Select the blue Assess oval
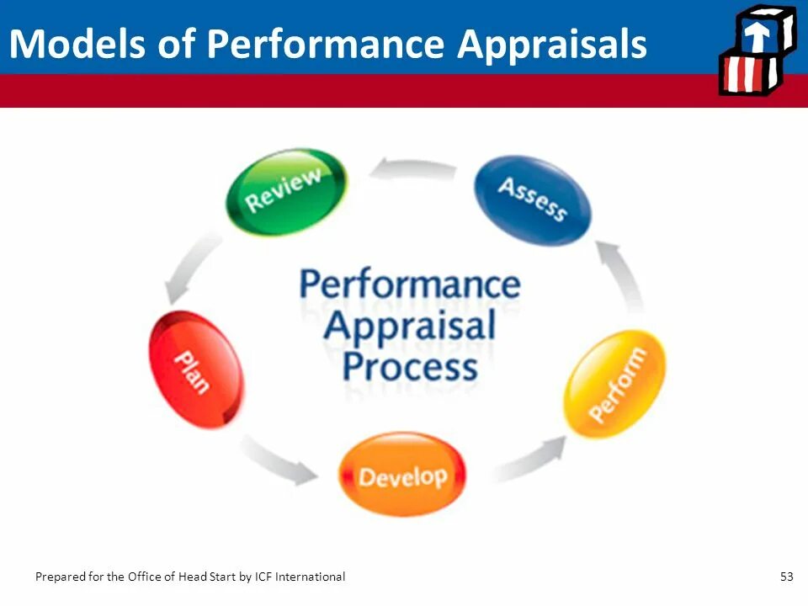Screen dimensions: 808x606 pos(533,199)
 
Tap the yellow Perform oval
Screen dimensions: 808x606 pos(614,384)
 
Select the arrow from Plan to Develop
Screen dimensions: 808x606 pos(279,461)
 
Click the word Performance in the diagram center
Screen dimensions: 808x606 pos(410,284)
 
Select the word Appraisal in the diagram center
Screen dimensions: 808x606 pos(410,325)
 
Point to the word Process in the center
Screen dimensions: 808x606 pos(410,366)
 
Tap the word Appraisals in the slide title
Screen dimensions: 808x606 pos(551,43)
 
